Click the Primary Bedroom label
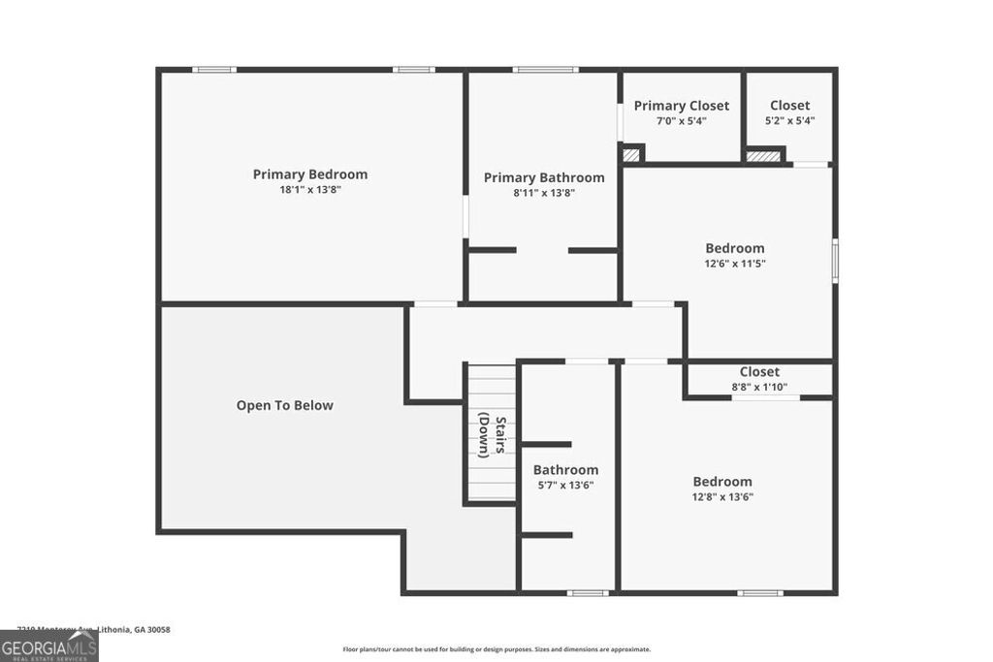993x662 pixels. (309, 174)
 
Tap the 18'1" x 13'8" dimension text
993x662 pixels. (309, 190)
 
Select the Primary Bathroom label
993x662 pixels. (544, 177)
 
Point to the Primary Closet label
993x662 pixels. (682, 106)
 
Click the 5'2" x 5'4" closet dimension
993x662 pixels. (790, 121)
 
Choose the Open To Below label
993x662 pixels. (284, 405)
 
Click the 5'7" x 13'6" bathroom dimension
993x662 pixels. (565, 485)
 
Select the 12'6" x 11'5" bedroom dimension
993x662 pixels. (734, 263)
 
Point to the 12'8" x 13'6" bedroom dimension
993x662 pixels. (721, 496)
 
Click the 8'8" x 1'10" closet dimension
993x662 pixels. (759, 387)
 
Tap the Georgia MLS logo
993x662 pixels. (48, 646)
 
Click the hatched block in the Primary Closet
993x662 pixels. (631, 154)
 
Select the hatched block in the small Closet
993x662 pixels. (764, 155)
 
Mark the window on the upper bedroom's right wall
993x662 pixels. (834, 262)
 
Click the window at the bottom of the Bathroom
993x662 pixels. (588, 592)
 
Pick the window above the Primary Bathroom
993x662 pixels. (545, 70)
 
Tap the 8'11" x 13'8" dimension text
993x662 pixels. (544, 193)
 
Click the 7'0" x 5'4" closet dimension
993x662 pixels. (682, 121)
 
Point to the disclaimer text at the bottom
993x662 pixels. (496, 649)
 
